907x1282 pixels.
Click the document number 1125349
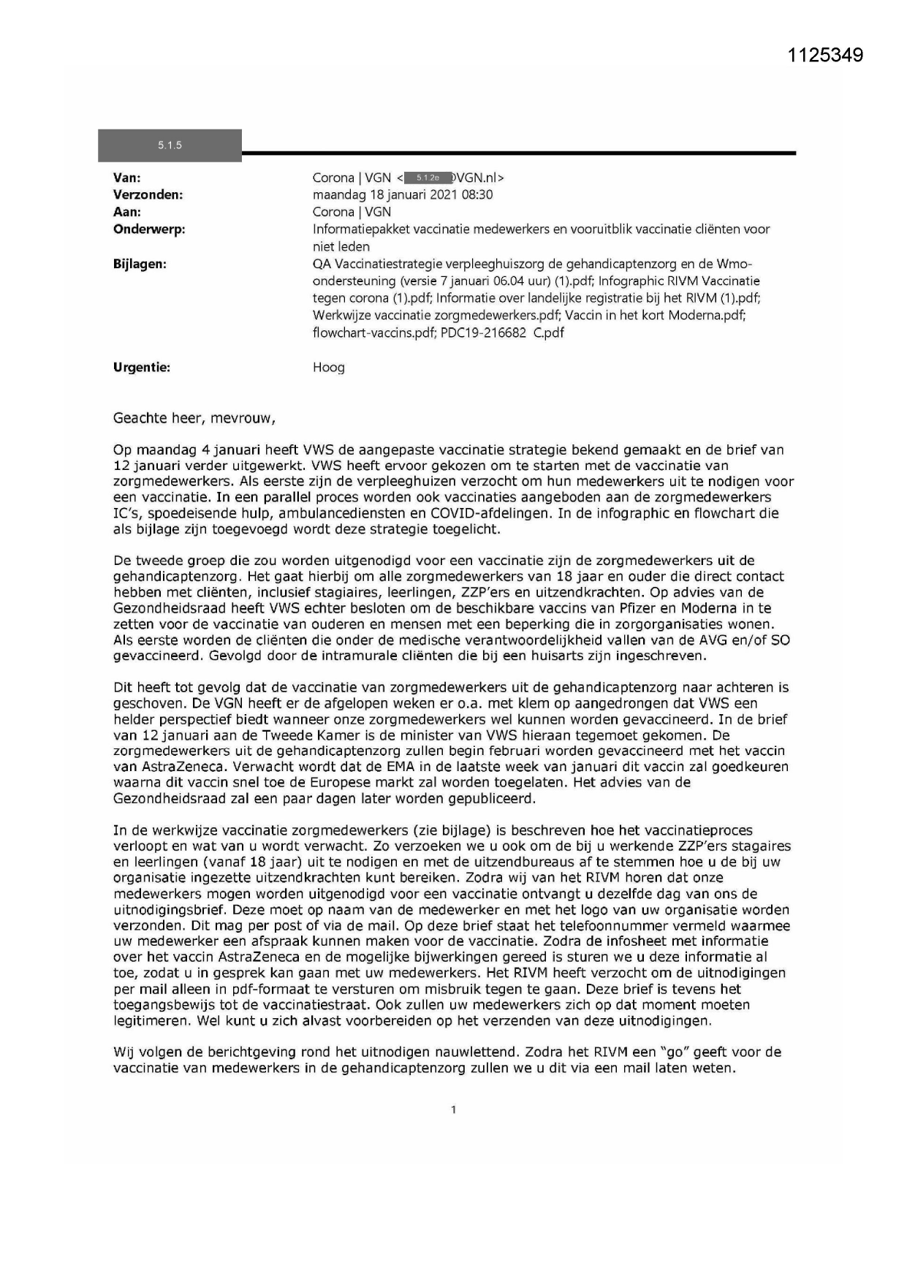826,55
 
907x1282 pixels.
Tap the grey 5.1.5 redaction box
170,145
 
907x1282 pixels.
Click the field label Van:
127,178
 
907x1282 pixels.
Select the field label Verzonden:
148,194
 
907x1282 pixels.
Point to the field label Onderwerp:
149,230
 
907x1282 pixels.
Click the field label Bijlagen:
140,264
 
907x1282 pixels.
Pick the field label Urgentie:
142,368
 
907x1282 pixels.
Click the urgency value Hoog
328,368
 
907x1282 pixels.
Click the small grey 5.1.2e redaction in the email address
427,178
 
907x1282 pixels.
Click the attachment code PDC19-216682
483,333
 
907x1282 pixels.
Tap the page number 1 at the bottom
453,1110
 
